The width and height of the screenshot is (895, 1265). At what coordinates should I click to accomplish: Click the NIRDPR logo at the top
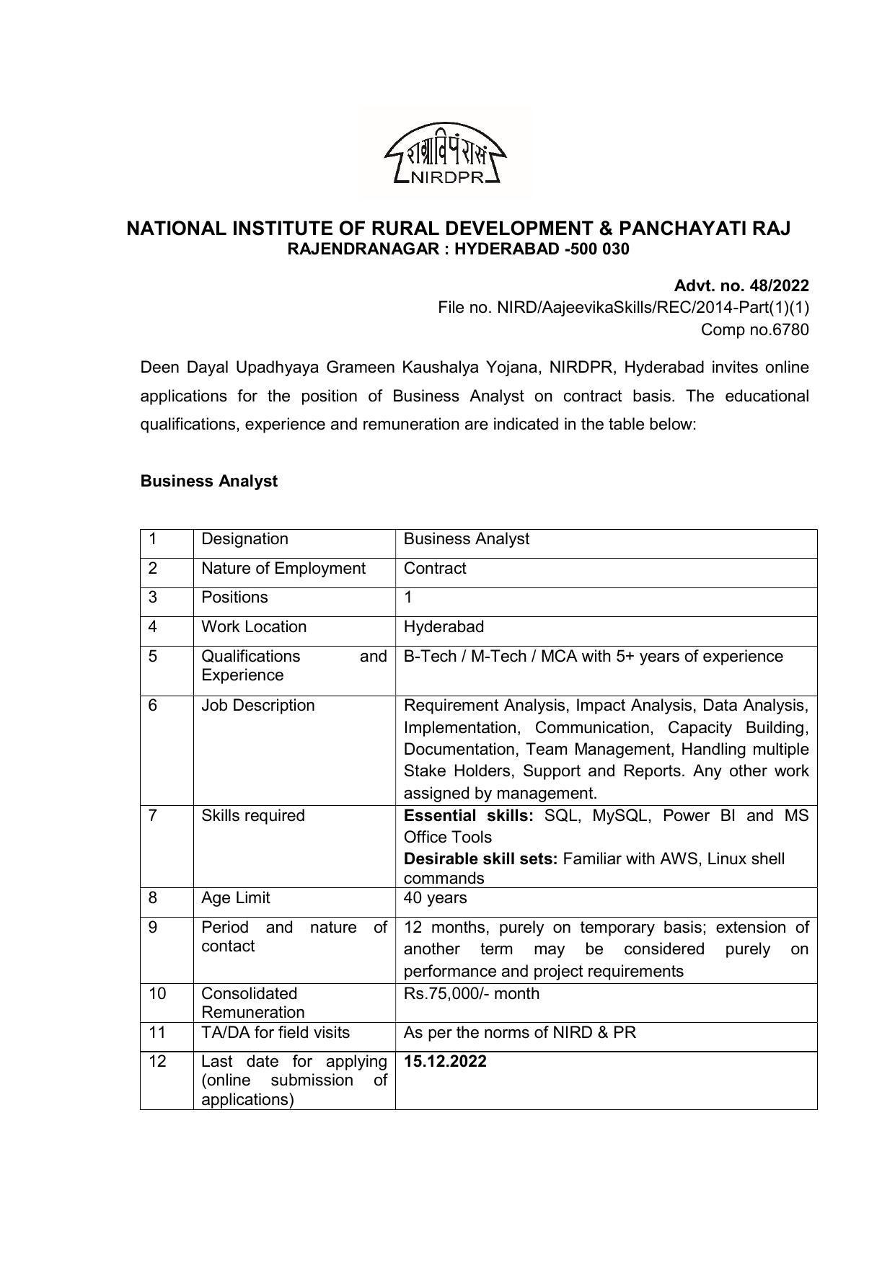445,154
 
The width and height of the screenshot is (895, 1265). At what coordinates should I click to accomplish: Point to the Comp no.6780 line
755,329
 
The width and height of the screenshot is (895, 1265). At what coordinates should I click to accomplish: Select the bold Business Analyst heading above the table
208,481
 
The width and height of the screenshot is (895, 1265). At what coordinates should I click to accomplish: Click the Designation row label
244,539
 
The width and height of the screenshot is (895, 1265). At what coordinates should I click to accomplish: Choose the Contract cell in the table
435,569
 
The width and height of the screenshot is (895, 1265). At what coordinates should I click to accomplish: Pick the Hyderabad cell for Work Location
444,627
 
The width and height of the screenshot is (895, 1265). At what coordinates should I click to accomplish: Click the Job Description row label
257,705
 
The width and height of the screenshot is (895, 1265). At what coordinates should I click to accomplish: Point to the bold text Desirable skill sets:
480,858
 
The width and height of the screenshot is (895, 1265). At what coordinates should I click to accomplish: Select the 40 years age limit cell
435,898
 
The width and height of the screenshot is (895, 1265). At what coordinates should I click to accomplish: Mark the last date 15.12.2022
445,1061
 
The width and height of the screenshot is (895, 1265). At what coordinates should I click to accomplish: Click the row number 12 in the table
157,1061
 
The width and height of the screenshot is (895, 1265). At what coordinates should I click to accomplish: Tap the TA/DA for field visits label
275,1032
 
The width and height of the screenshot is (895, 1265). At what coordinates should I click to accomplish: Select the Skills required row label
252,815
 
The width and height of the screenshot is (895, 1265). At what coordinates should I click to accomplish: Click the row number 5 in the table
153,656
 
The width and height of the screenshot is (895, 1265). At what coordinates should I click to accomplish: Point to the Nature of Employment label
283,569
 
